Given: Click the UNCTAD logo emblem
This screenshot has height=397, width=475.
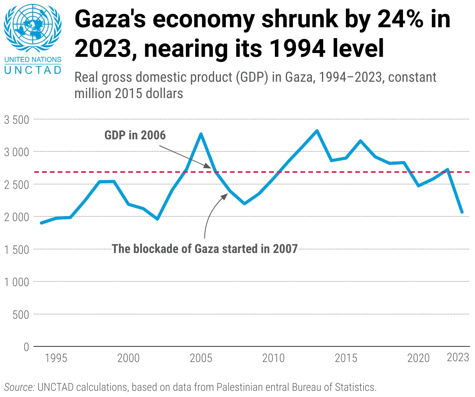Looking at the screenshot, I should (x=33, y=29).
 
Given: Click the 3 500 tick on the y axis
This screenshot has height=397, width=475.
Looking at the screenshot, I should (x=16, y=119).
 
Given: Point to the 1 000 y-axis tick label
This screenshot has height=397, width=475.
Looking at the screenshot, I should (x=16, y=282).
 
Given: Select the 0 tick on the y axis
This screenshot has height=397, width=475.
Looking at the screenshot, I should (x=26, y=347).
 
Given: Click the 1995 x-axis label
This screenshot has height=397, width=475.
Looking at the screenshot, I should (x=56, y=358).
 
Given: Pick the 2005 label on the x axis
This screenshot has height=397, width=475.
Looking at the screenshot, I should (x=201, y=358).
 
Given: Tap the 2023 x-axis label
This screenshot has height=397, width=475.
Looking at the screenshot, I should (x=458, y=357).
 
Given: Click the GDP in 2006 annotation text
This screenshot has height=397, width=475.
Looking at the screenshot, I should (x=135, y=135).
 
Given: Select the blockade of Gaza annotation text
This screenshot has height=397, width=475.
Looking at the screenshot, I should (x=205, y=249).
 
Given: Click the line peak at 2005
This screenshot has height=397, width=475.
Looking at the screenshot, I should (x=201, y=134).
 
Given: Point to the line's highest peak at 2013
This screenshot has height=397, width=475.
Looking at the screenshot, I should (x=317, y=131).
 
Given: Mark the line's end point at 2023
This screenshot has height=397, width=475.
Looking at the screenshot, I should (x=462, y=212).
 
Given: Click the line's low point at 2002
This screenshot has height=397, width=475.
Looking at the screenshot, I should (x=157, y=219).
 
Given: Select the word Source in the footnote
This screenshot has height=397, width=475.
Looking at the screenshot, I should (x=19, y=387).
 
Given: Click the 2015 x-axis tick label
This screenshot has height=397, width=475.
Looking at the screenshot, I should (x=346, y=358).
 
